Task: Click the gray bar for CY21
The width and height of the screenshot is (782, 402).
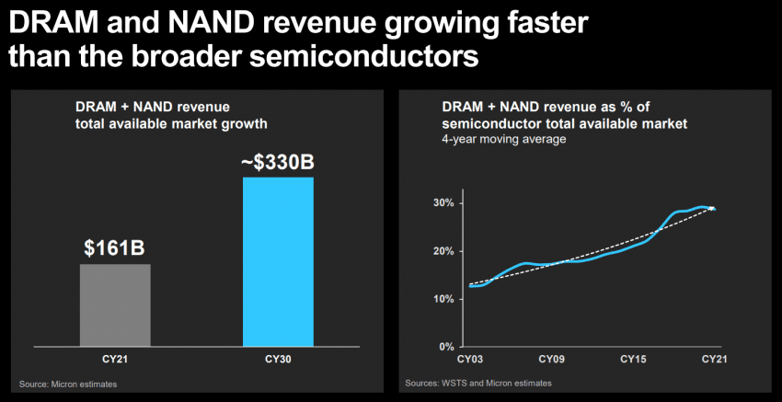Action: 115,304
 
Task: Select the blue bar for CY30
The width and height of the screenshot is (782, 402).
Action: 278,261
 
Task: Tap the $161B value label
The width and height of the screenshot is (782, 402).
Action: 115,247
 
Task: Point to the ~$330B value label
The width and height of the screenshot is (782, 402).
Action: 278,163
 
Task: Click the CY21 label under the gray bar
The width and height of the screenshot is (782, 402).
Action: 115,358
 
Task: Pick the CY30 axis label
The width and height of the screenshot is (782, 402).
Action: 278,358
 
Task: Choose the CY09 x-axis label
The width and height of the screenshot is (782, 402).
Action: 551,358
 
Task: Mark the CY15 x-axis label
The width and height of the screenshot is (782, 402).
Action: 633,358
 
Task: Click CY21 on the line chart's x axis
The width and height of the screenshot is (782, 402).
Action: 715,358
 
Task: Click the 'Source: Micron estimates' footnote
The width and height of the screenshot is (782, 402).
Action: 68,383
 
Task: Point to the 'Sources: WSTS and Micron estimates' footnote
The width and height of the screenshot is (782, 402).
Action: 478,383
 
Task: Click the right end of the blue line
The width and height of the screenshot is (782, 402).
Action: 715,210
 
